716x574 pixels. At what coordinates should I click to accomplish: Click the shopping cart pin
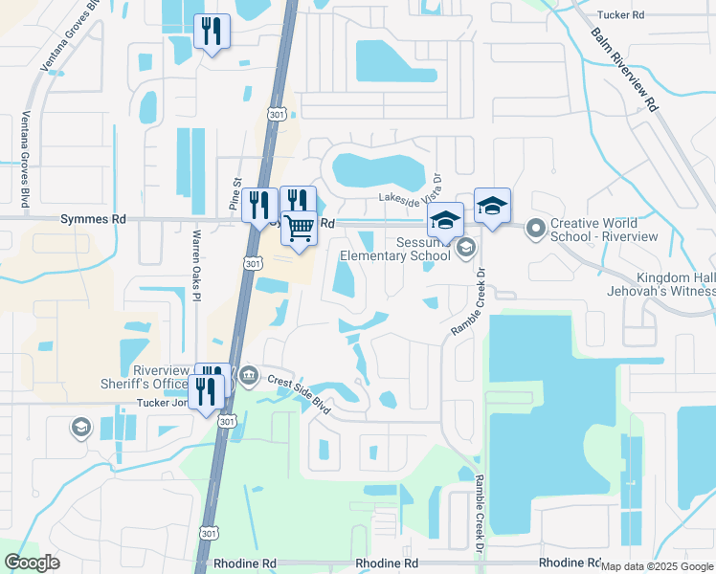coord(300,230)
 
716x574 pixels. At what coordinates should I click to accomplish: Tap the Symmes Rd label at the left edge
coord(104,219)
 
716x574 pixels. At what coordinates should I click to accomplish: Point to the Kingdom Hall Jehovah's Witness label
coord(660,282)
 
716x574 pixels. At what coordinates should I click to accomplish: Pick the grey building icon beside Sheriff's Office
coord(249,373)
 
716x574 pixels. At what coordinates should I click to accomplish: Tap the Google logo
coord(32,563)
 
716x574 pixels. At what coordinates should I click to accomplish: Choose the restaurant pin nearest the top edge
coord(212,31)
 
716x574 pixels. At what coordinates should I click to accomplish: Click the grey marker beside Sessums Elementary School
coord(465,249)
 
